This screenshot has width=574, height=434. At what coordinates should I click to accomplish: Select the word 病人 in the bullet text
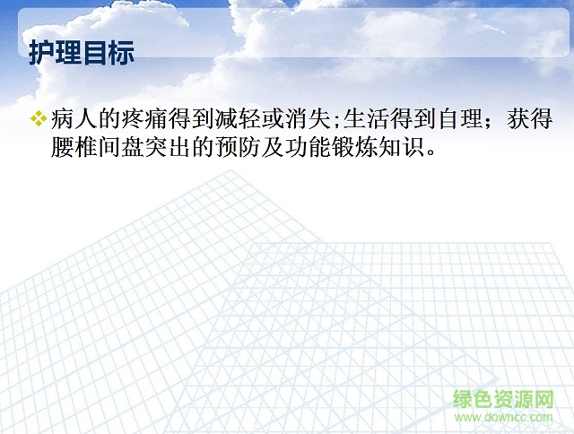pos(75,119)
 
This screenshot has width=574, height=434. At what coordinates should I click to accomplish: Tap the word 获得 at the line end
pos(528,119)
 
